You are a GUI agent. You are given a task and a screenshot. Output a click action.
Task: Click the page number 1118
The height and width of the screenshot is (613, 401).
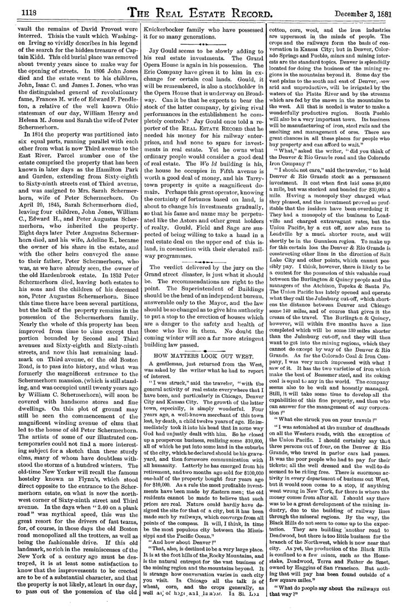21,10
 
